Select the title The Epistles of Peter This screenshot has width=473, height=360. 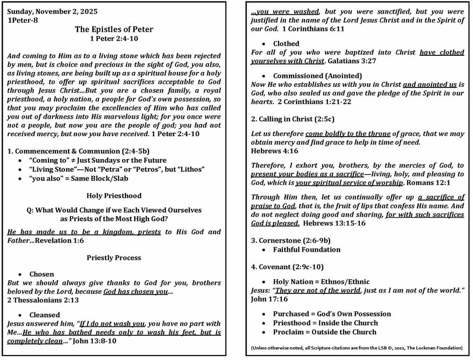114,29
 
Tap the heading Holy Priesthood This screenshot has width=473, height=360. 114,195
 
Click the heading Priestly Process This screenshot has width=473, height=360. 114,258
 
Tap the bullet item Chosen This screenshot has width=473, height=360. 42,274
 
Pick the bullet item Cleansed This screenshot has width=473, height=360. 44,315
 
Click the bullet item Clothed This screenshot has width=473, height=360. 286,44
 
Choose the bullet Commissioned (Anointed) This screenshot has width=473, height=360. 317,76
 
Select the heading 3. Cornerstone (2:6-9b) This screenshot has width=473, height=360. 294,241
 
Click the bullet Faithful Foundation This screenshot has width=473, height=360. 307,250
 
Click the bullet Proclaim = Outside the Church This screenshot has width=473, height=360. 324,332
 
